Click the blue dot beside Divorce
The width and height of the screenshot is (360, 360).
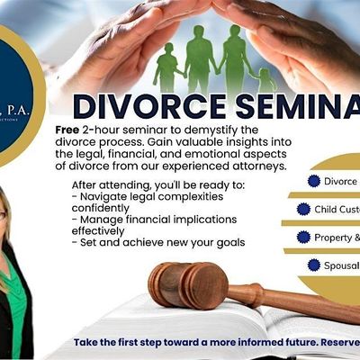click(314, 181)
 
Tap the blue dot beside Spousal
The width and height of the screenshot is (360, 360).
click(314, 265)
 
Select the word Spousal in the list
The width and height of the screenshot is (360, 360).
click(343, 265)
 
